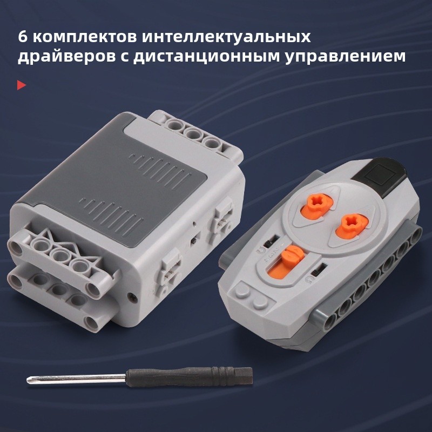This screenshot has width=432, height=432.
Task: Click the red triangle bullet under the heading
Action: click(21, 85)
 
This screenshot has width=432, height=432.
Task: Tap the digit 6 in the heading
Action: click(22, 37)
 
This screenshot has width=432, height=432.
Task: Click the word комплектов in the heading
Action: click(85, 37)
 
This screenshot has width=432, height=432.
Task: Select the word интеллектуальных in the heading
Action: click(226, 37)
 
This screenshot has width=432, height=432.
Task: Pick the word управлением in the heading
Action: click(346, 57)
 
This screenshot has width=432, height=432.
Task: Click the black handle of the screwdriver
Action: click(189, 377)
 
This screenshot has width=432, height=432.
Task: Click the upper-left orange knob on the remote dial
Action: click(317, 205)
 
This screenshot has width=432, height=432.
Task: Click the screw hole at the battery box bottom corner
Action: click(132, 296)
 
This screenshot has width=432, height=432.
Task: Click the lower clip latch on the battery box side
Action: click(170, 268)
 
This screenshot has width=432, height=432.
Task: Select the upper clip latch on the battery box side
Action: click(223, 218)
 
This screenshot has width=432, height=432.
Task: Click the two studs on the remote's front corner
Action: click(251, 295)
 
